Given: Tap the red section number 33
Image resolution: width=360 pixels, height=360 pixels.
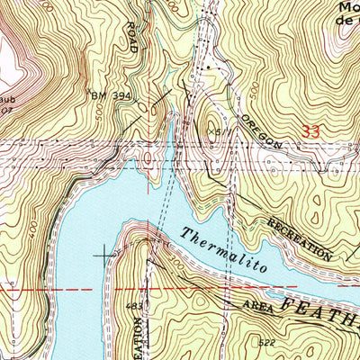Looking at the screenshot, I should (311, 130).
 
